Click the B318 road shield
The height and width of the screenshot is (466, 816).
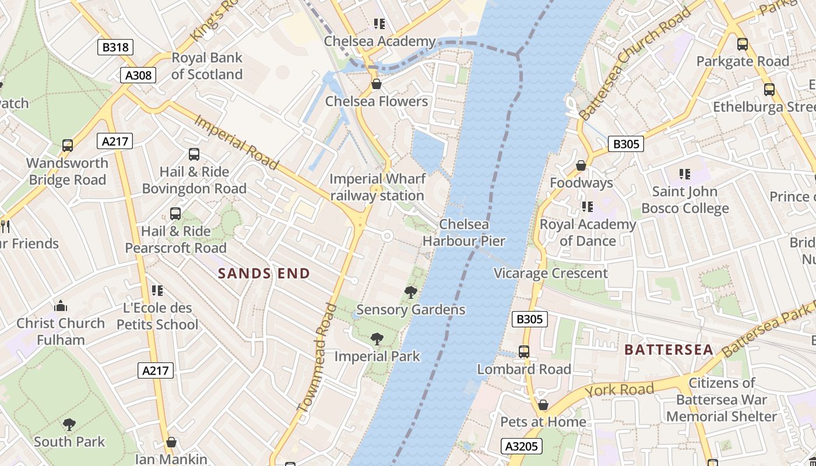[115, 47]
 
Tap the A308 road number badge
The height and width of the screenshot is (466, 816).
[138, 75]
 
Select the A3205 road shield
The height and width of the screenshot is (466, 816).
[522, 446]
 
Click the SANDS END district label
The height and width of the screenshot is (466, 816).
[264, 273]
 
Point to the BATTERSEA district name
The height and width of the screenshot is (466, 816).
[669, 349]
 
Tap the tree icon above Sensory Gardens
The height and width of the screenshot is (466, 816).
[411, 292]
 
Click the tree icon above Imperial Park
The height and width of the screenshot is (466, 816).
[377, 338]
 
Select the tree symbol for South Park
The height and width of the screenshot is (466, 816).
[69, 424]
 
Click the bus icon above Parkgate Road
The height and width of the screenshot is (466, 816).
[743, 44]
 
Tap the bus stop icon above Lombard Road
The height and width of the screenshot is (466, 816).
[524, 352]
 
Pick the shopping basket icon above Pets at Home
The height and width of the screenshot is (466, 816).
[543, 405]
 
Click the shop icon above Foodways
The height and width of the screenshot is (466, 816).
[581, 166]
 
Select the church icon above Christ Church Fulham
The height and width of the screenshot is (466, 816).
[61, 306]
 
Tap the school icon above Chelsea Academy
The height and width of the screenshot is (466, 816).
[379, 24]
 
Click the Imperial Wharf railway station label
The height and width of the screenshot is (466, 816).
[377, 187]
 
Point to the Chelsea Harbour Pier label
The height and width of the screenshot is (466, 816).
[464, 232]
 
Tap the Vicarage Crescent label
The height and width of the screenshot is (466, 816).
[551, 273]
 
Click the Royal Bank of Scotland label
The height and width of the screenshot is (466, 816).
[207, 66]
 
